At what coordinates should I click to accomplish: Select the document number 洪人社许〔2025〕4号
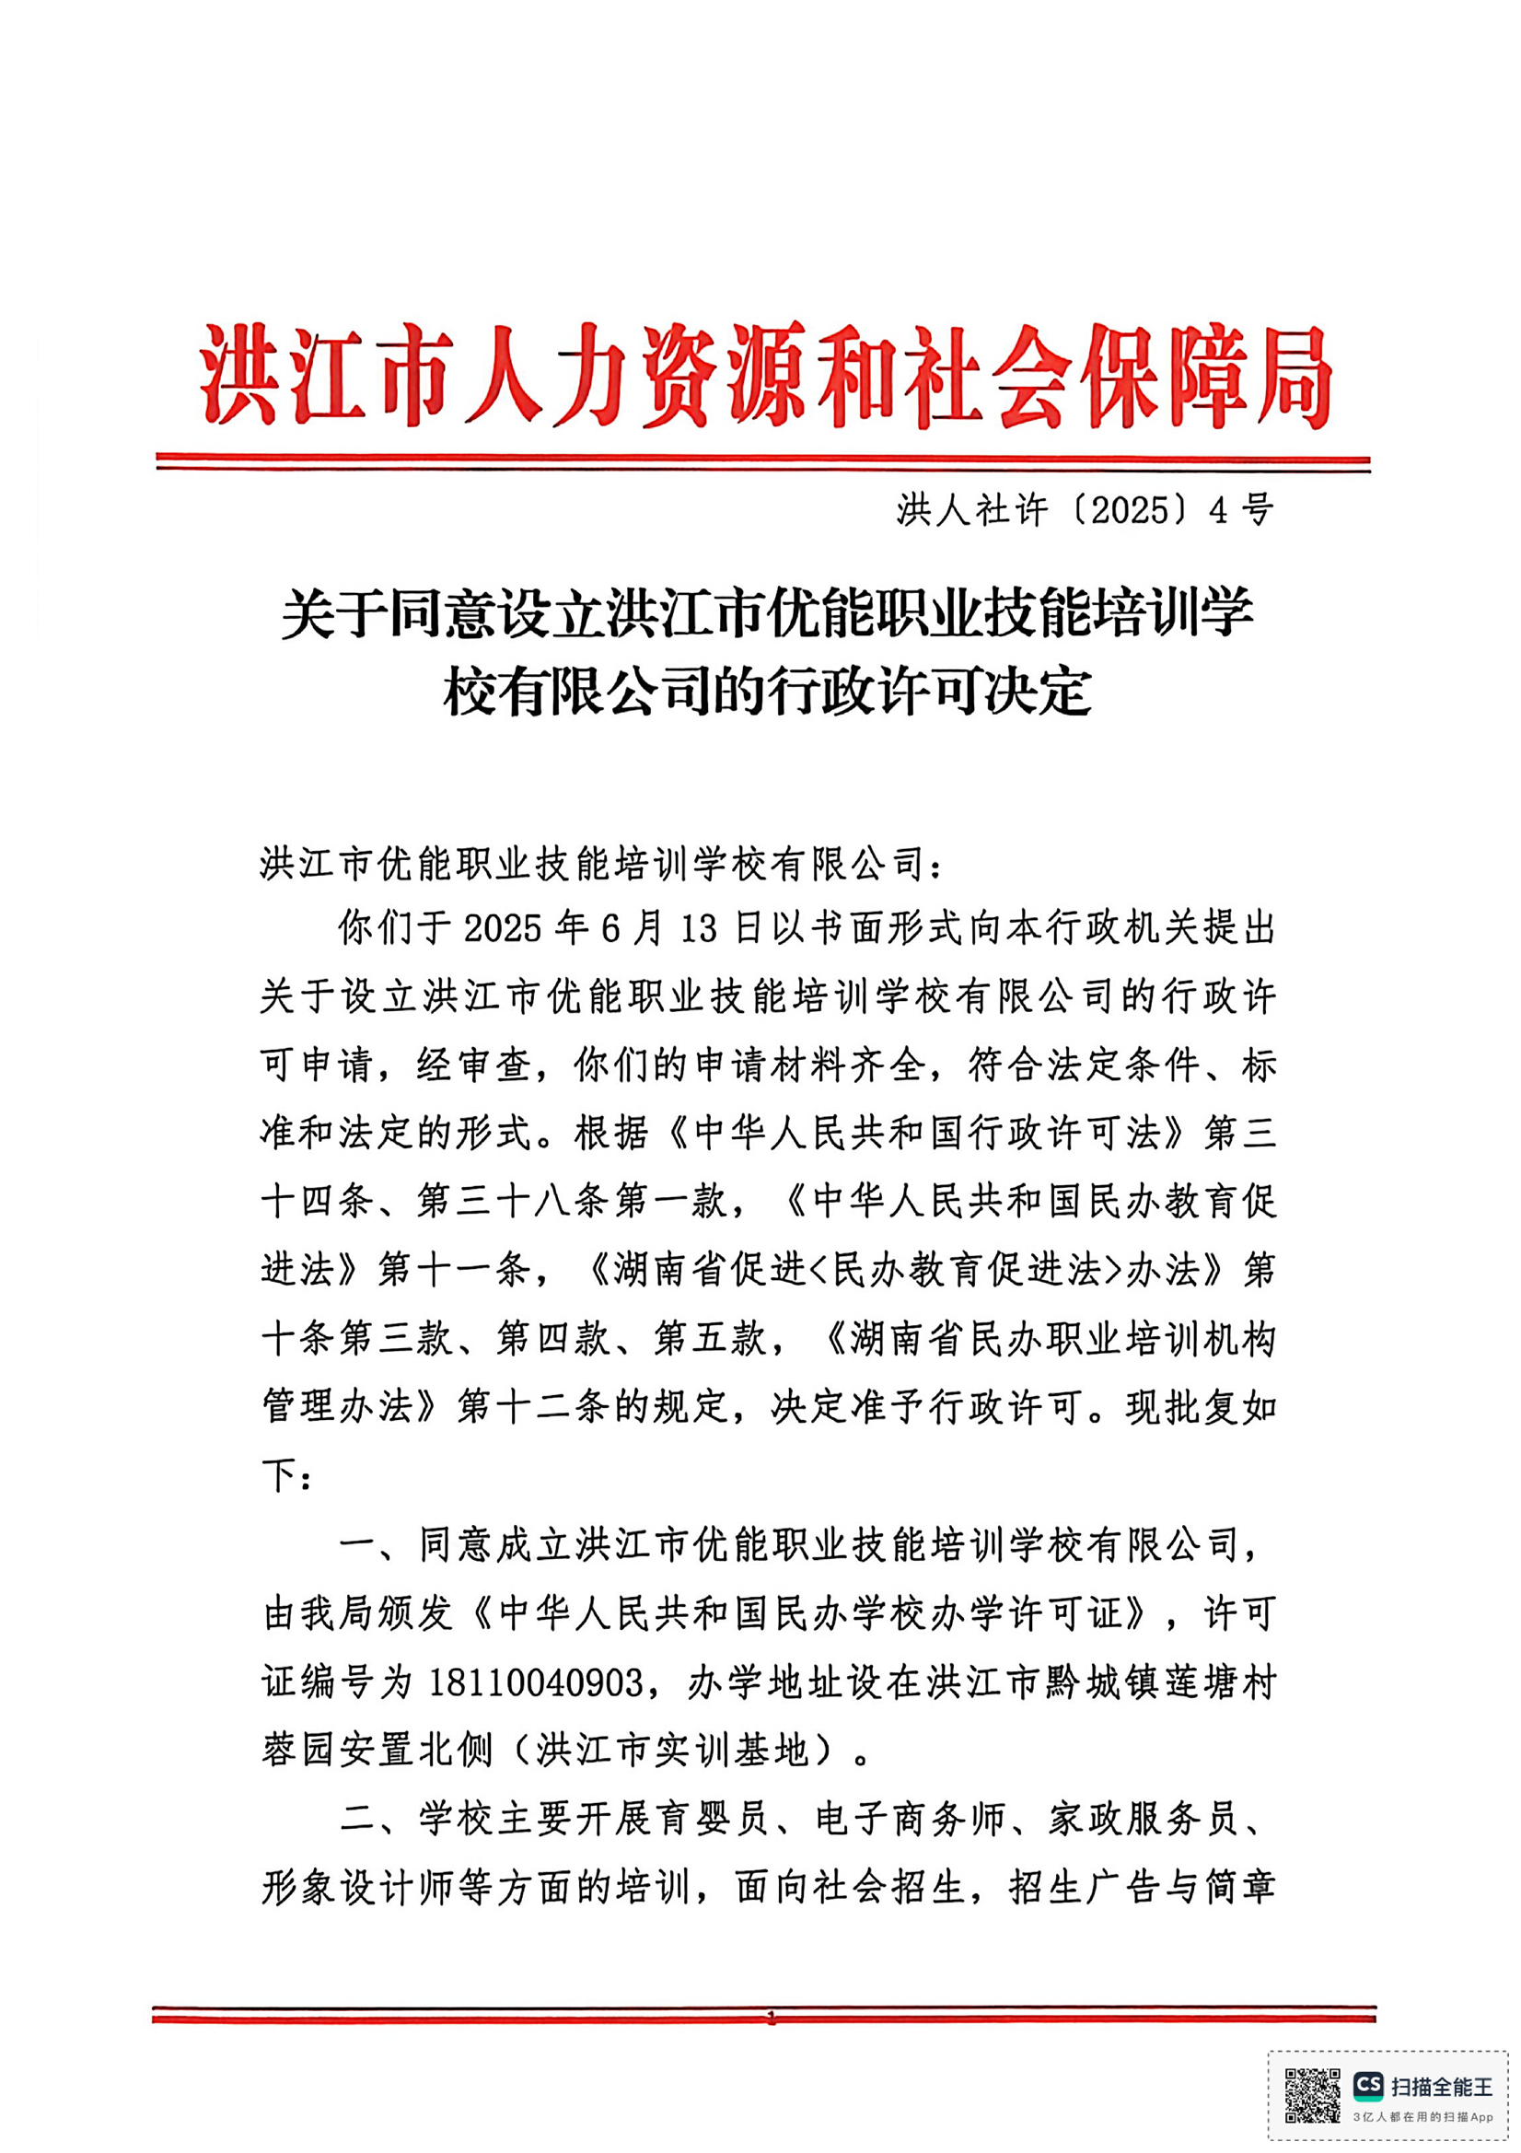[x=1084, y=511]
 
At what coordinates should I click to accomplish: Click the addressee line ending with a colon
[x=600, y=864]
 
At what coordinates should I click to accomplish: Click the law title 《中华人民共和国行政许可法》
[x=928, y=1134]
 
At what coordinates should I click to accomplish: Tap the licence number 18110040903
[x=537, y=1682]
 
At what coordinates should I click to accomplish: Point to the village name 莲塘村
[x=1221, y=1682]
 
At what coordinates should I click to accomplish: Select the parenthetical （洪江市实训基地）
[x=672, y=1751]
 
